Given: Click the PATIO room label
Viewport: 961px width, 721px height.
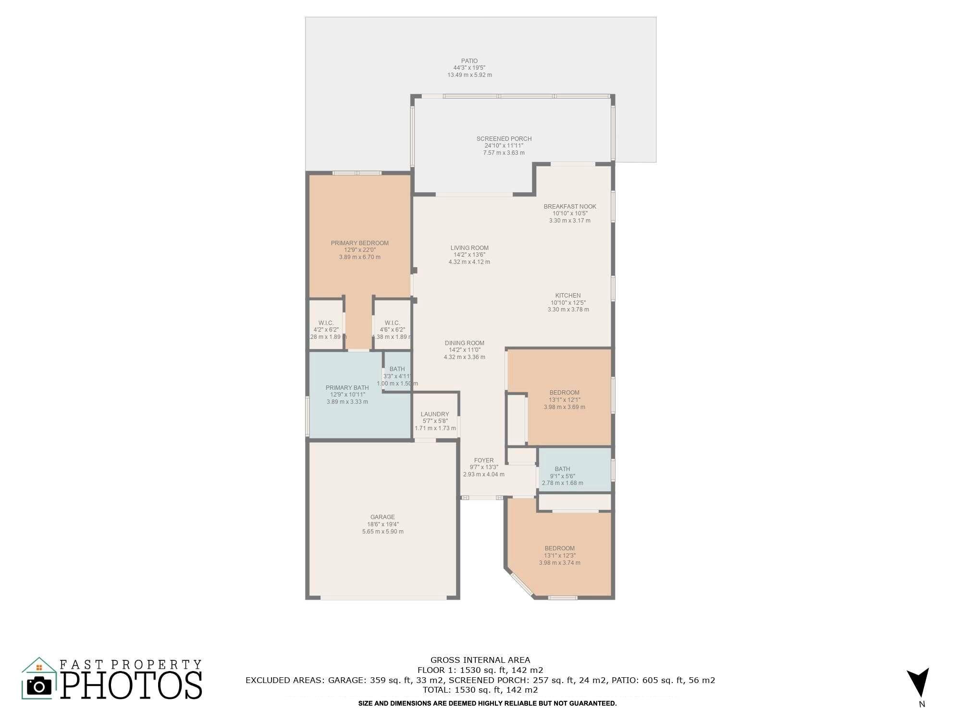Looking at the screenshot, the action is [469, 61].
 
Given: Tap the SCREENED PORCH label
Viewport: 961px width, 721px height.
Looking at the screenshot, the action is [504, 139].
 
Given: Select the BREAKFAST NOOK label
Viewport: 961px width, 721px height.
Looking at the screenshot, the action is [570, 207].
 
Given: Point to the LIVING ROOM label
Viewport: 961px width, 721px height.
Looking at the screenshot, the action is [469, 248].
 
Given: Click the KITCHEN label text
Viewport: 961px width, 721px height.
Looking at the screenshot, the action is [568, 296].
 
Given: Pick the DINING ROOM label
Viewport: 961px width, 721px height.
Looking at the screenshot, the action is [464, 343].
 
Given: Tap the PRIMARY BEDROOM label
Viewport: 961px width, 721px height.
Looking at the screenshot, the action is [360, 243].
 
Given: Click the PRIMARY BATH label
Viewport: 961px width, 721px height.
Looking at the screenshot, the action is [347, 388].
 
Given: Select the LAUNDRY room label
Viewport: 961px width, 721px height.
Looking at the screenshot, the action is [435, 414].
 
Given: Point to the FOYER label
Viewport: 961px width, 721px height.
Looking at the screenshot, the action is [484, 460].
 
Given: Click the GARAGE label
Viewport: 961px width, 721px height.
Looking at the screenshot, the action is [382, 517].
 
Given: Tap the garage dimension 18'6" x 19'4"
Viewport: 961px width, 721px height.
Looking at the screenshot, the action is [383, 524].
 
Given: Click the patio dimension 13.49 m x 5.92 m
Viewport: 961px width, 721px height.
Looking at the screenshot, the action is [470, 75].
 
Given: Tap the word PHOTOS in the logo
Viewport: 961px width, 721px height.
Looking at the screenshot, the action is [131, 684].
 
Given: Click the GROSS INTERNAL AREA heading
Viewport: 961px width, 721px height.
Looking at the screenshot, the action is [480, 660].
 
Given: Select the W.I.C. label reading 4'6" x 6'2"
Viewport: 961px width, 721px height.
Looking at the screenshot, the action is [392, 323].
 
